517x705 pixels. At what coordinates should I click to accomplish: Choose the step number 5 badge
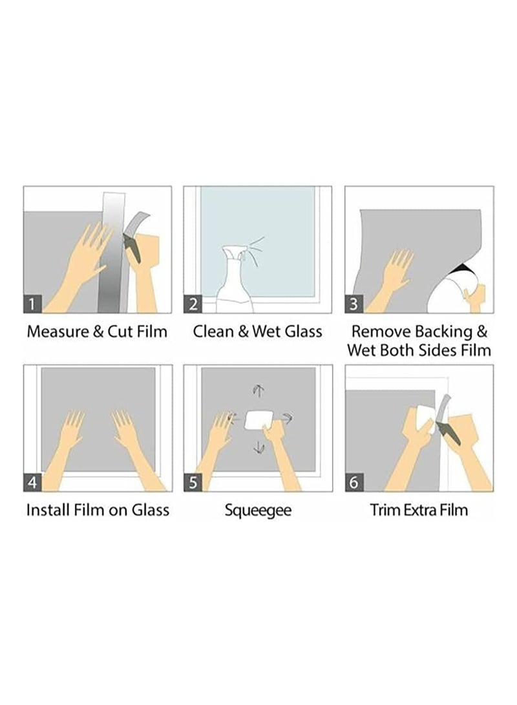(x=193, y=482)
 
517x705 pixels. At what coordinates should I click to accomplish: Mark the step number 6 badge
(x=355, y=482)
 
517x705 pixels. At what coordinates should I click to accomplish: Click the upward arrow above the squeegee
(x=258, y=390)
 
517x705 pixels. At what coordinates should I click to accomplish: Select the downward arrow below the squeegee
(x=258, y=447)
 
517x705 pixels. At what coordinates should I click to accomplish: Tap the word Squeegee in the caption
(x=258, y=510)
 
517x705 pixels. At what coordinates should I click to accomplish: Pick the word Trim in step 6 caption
(x=384, y=510)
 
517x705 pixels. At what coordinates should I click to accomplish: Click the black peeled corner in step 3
(x=461, y=270)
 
